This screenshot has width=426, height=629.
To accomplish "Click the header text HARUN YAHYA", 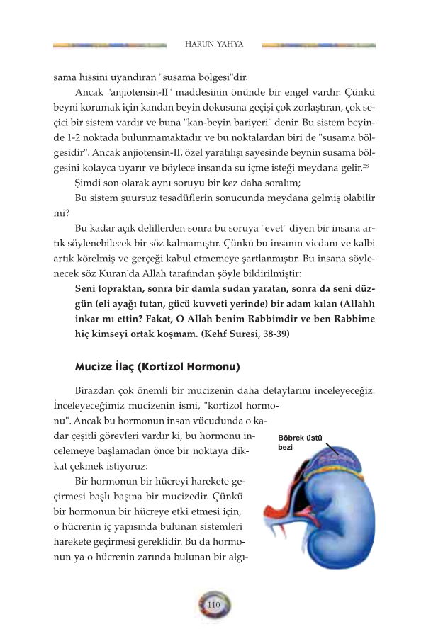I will tap(214, 45).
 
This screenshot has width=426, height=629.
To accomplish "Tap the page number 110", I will tap(214, 604).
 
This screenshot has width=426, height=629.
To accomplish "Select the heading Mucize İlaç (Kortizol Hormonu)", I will tap(157, 368).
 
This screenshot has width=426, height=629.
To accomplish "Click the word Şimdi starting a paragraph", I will tap(90, 182).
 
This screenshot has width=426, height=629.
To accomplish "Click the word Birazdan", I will tap(97, 392).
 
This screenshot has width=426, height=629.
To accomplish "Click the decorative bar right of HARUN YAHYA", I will tap(318, 45).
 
